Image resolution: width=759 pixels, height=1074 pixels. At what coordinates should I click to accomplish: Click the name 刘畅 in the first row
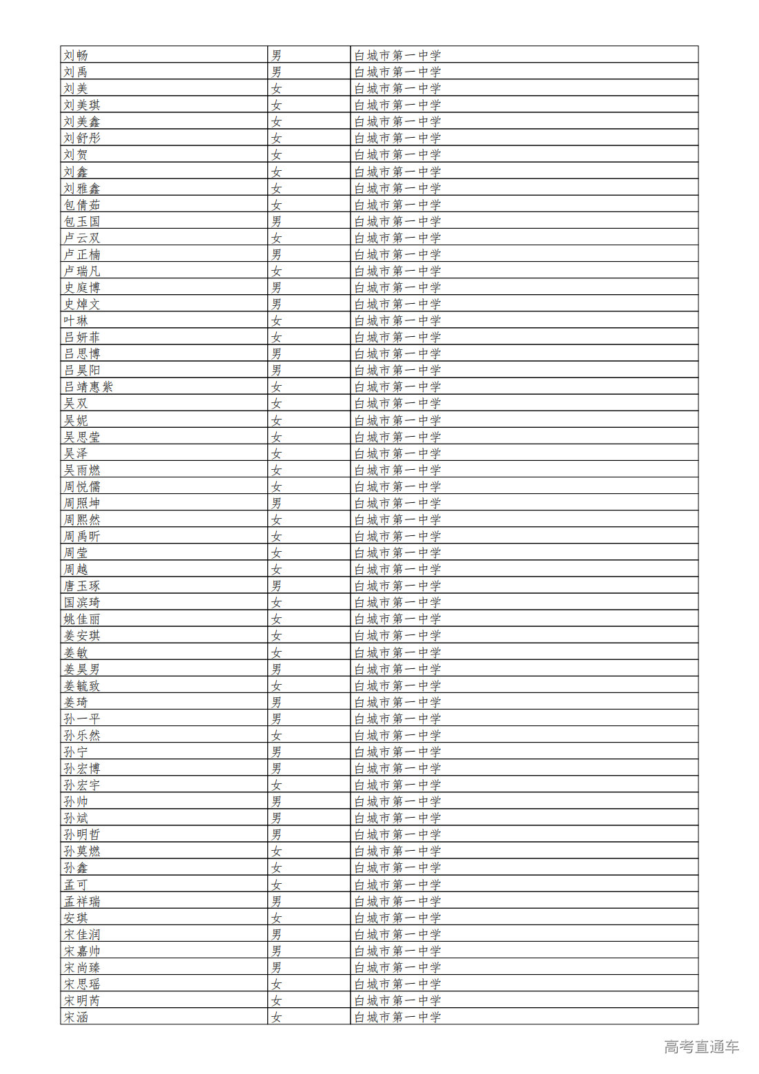(76, 55)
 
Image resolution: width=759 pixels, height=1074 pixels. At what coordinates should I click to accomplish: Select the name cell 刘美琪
(82, 105)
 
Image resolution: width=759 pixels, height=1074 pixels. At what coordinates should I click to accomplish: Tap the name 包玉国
(82, 221)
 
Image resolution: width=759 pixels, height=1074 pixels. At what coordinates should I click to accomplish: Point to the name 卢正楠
(82, 254)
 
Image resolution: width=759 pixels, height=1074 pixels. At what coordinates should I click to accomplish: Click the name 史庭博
(82, 287)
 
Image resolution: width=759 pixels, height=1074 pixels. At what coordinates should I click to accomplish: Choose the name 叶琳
(76, 320)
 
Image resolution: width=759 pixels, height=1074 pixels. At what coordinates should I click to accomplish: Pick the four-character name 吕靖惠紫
(88, 386)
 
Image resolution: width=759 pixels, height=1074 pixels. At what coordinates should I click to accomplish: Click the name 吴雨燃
(82, 470)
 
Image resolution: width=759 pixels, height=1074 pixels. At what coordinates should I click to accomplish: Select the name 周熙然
(82, 519)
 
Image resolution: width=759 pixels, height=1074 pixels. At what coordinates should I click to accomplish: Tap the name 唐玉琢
(82, 586)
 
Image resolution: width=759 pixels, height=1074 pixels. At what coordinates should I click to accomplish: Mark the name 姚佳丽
(82, 619)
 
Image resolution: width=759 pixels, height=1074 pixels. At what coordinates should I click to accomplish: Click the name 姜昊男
(82, 669)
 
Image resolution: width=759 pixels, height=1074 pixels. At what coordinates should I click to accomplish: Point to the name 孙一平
(82, 719)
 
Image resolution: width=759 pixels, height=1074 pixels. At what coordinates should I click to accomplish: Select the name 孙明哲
(82, 834)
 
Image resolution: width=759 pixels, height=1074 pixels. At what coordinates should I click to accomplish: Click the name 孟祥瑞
(82, 901)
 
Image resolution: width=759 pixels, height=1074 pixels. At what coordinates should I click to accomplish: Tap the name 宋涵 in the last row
(76, 1017)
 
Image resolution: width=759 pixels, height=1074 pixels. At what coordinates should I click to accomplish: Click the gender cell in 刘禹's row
(276, 72)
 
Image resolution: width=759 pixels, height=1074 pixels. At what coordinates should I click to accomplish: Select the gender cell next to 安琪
(276, 918)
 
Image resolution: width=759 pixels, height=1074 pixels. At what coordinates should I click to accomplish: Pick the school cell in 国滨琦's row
(397, 602)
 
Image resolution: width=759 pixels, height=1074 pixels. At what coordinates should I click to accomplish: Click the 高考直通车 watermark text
(701, 1047)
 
